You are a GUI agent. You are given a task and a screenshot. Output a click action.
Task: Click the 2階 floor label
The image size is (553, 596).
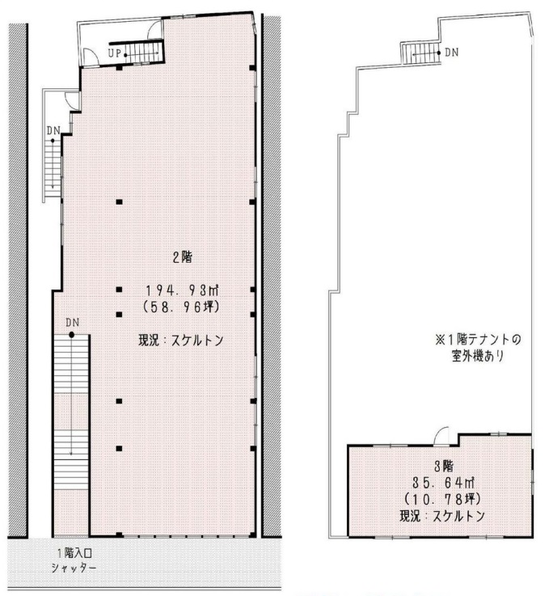[180, 260]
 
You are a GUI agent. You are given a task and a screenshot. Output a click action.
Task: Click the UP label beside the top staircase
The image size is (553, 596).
[116, 53]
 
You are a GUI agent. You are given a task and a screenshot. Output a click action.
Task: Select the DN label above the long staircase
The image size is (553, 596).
[73, 323]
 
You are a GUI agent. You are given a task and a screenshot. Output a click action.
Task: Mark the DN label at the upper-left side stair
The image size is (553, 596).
[53, 129]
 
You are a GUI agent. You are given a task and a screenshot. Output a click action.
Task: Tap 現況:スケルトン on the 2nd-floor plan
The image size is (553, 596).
[180, 341]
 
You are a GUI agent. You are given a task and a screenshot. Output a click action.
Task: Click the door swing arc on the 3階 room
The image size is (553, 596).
[440, 436]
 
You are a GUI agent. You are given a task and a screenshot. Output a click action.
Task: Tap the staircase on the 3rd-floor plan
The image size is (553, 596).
[418, 53]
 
